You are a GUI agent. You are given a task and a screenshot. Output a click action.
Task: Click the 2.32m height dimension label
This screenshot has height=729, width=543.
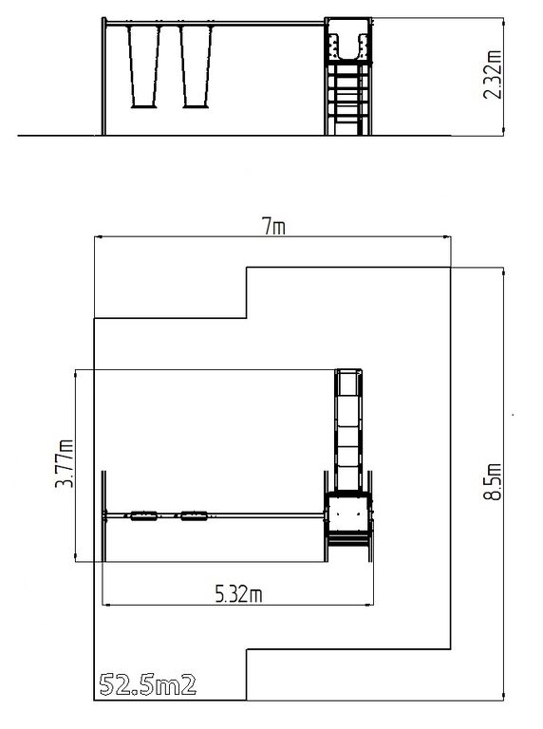tap(493, 74)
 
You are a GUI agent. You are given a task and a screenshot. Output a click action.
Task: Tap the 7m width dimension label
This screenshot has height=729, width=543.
tap(274, 227)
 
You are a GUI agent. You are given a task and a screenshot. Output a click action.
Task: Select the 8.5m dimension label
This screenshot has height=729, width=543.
tap(493, 481)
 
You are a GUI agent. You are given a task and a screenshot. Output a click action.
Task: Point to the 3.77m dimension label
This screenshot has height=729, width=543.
tap(65, 463)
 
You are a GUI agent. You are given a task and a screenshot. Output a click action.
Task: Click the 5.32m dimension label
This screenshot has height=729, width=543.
tap(238, 594)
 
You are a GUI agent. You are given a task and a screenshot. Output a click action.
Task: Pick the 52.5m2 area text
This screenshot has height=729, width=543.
tap(148, 684)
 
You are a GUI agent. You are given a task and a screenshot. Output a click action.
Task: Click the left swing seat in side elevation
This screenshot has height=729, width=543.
tap(143, 106)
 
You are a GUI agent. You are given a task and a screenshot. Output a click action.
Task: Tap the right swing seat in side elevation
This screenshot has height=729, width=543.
tap(196, 106)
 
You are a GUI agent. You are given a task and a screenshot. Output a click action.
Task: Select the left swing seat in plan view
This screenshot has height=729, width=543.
tap(143, 515)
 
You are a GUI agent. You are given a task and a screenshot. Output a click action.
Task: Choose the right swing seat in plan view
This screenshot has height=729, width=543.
tap(195, 515)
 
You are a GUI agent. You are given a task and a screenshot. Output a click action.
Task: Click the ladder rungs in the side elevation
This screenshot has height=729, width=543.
tap(346, 99)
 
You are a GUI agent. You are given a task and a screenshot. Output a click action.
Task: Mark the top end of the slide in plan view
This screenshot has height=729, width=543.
tap(348, 370)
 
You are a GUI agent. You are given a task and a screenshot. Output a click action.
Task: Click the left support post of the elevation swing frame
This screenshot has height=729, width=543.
tap(103, 77)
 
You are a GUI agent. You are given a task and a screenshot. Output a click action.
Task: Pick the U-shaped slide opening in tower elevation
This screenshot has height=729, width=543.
tap(348, 46)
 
